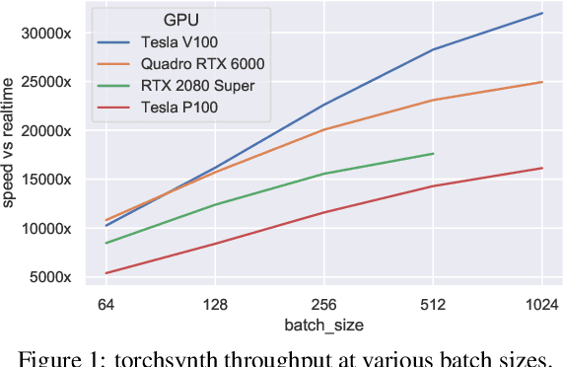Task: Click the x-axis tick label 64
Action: coord(106,305)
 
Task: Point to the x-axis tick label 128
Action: coord(215,305)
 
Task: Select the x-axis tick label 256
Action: coord(324,305)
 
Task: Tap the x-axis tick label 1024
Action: coord(541,305)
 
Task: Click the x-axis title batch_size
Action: coord(323,325)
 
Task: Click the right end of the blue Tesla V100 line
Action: coord(542,13)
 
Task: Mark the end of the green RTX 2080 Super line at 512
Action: coord(433,153)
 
